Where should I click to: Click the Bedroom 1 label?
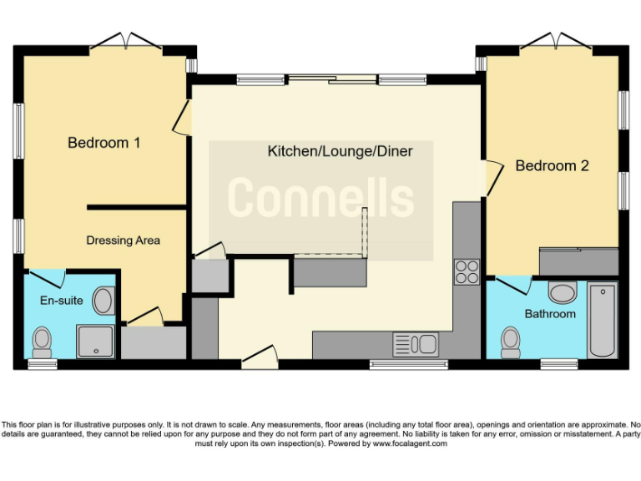click(x=103, y=143)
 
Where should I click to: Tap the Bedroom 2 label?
click(x=552, y=165)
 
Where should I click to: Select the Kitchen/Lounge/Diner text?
click(x=329, y=151)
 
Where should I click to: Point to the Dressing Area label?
click(x=123, y=240)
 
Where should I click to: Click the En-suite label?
click(x=61, y=300)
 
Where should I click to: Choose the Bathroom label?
click(x=550, y=314)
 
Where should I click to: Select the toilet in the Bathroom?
click(x=511, y=341)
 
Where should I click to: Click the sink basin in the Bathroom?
click(x=563, y=293)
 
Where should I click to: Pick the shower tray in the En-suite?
click(x=95, y=339)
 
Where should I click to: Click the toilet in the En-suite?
click(x=42, y=341)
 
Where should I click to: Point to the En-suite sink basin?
click(x=104, y=300)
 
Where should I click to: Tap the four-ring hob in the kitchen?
click(x=467, y=271)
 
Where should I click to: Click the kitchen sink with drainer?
click(x=415, y=343)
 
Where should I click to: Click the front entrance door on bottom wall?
click(x=259, y=357)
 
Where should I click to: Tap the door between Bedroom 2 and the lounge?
click(x=492, y=178)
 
